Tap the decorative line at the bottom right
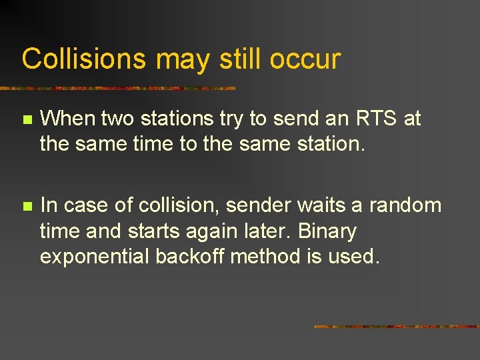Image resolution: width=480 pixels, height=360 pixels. click(x=396, y=327)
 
